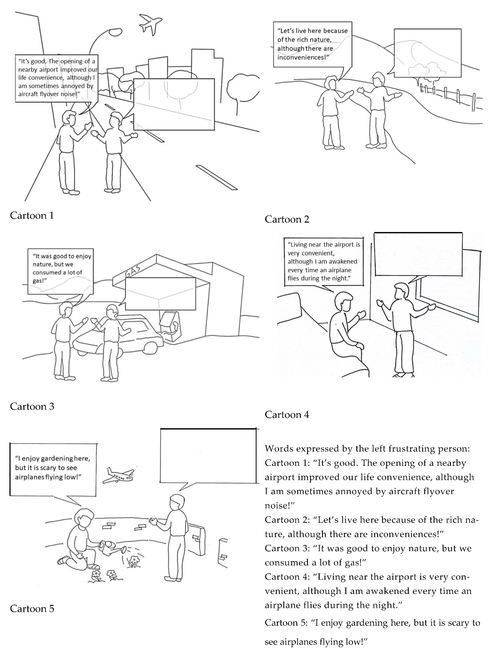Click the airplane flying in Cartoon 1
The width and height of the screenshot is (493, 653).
tap(151, 24)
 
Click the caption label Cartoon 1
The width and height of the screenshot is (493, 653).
tap(32, 215)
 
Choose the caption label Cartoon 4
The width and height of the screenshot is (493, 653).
tap(287, 414)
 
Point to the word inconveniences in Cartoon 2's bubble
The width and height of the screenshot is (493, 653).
tap(301, 57)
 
